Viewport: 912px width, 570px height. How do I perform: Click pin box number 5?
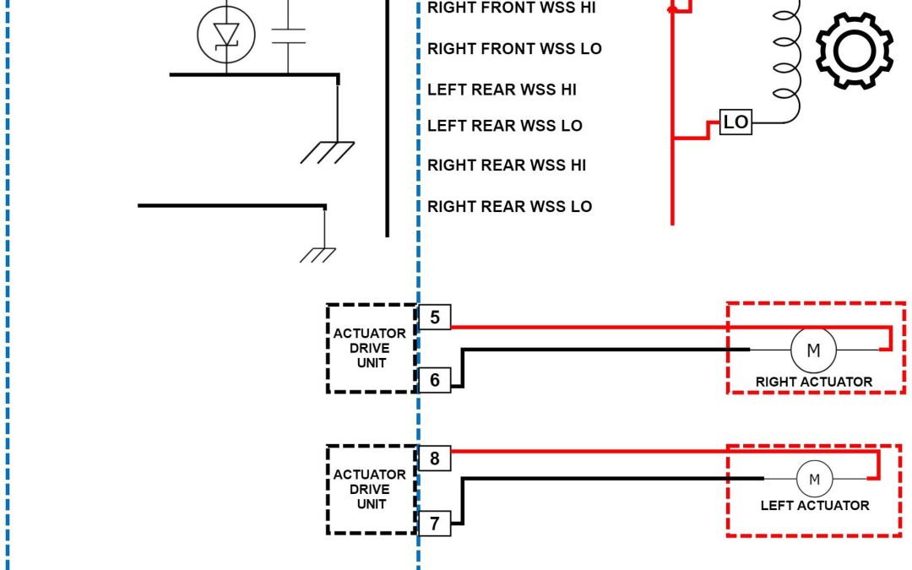point(435,318)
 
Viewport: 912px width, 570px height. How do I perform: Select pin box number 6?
point(435,380)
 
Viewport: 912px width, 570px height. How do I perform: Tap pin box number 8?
point(435,459)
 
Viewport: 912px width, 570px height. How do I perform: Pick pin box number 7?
point(435,524)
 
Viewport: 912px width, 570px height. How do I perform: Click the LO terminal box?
point(736,122)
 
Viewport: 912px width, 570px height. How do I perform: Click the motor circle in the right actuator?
point(812,350)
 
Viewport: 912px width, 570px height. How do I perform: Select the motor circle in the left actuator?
point(815,479)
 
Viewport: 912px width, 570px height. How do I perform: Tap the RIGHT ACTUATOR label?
point(813,382)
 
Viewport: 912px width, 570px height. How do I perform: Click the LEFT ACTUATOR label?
point(814,506)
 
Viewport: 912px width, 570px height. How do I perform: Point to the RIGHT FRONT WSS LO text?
point(514,49)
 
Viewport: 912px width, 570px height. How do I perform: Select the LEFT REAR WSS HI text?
point(502,90)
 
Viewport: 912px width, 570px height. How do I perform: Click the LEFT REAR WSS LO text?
point(504,127)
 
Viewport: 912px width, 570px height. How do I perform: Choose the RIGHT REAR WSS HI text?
point(506,166)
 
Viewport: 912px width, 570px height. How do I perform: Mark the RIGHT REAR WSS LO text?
point(509,207)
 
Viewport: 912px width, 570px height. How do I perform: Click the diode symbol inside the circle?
point(225,35)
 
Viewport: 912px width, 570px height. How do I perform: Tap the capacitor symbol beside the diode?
point(288,35)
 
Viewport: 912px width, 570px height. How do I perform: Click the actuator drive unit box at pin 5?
point(371,348)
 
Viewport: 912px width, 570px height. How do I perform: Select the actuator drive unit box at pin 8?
point(371,490)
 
